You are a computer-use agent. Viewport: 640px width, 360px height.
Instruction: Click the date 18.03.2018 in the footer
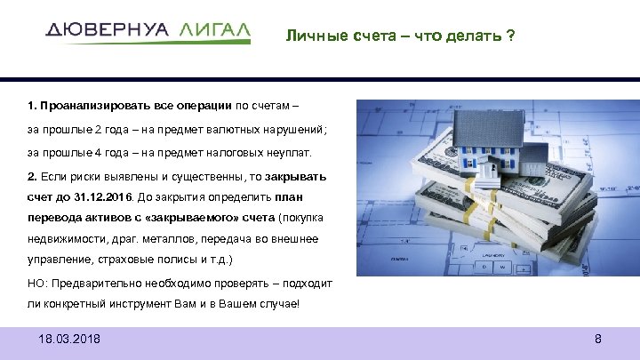pyautogui.click(x=70, y=340)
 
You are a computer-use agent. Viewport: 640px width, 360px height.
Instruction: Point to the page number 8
pyautogui.click(x=598, y=340)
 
